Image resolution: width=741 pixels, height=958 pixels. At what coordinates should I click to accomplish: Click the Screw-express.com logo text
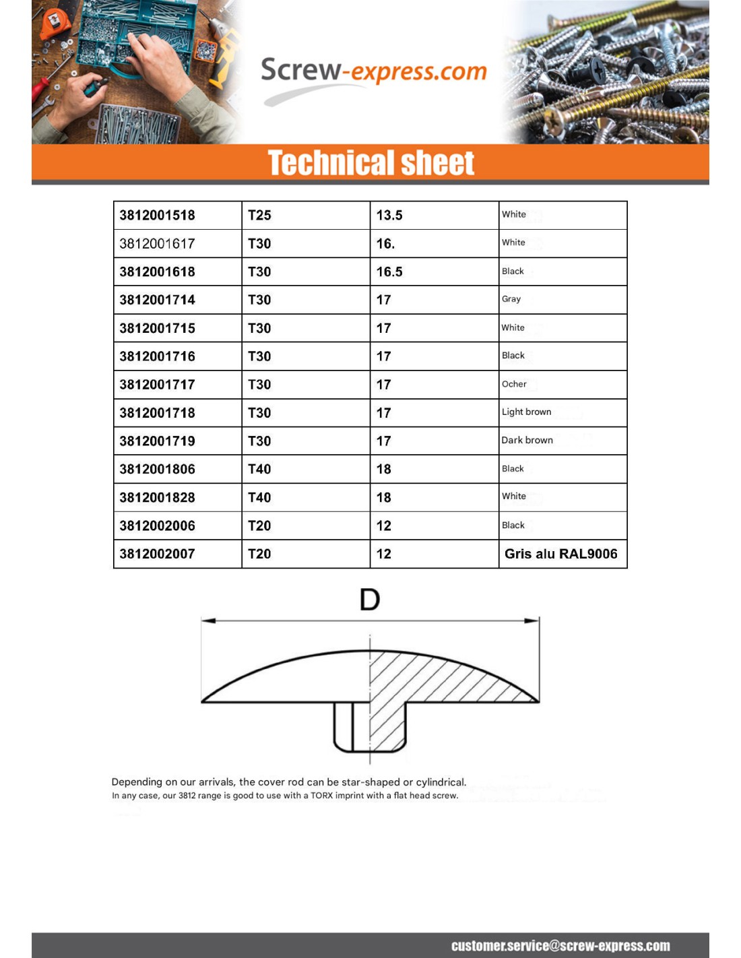[373, 71]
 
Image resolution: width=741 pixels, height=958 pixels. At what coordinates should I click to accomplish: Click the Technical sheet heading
[370, 163]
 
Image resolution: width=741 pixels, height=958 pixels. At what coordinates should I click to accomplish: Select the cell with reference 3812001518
[158, 216]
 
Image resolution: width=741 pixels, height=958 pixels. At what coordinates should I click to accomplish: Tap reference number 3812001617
[158, 244]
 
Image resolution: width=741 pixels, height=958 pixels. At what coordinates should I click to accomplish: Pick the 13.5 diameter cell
[389, 216]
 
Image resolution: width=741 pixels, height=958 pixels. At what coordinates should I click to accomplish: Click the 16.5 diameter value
[389, 272]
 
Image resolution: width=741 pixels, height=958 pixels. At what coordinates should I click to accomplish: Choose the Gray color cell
[511, 299]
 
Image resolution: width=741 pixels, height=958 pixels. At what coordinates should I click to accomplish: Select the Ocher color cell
[514, 384]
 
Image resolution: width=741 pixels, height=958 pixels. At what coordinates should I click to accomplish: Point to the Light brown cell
[526, 412]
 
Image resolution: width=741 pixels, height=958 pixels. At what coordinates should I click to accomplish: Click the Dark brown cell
[527, 441]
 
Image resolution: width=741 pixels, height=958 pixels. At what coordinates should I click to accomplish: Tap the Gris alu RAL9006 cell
[560, 554]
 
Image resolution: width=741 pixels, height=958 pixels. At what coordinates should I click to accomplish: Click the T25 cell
[259, 216]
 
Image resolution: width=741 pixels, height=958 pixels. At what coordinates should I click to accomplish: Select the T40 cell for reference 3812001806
[259, 469]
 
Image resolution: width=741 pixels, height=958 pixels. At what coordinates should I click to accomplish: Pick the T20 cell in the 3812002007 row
[259, 554]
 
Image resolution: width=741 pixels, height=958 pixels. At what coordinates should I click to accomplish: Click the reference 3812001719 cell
[158, 441]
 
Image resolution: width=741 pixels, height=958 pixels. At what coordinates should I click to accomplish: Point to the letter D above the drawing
[370, 599]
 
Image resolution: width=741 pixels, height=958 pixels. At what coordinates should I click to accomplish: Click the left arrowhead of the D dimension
[207, 620]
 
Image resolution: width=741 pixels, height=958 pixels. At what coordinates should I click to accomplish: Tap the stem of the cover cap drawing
[370, 728]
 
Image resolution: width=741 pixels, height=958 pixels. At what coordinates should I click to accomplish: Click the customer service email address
[560, 946]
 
